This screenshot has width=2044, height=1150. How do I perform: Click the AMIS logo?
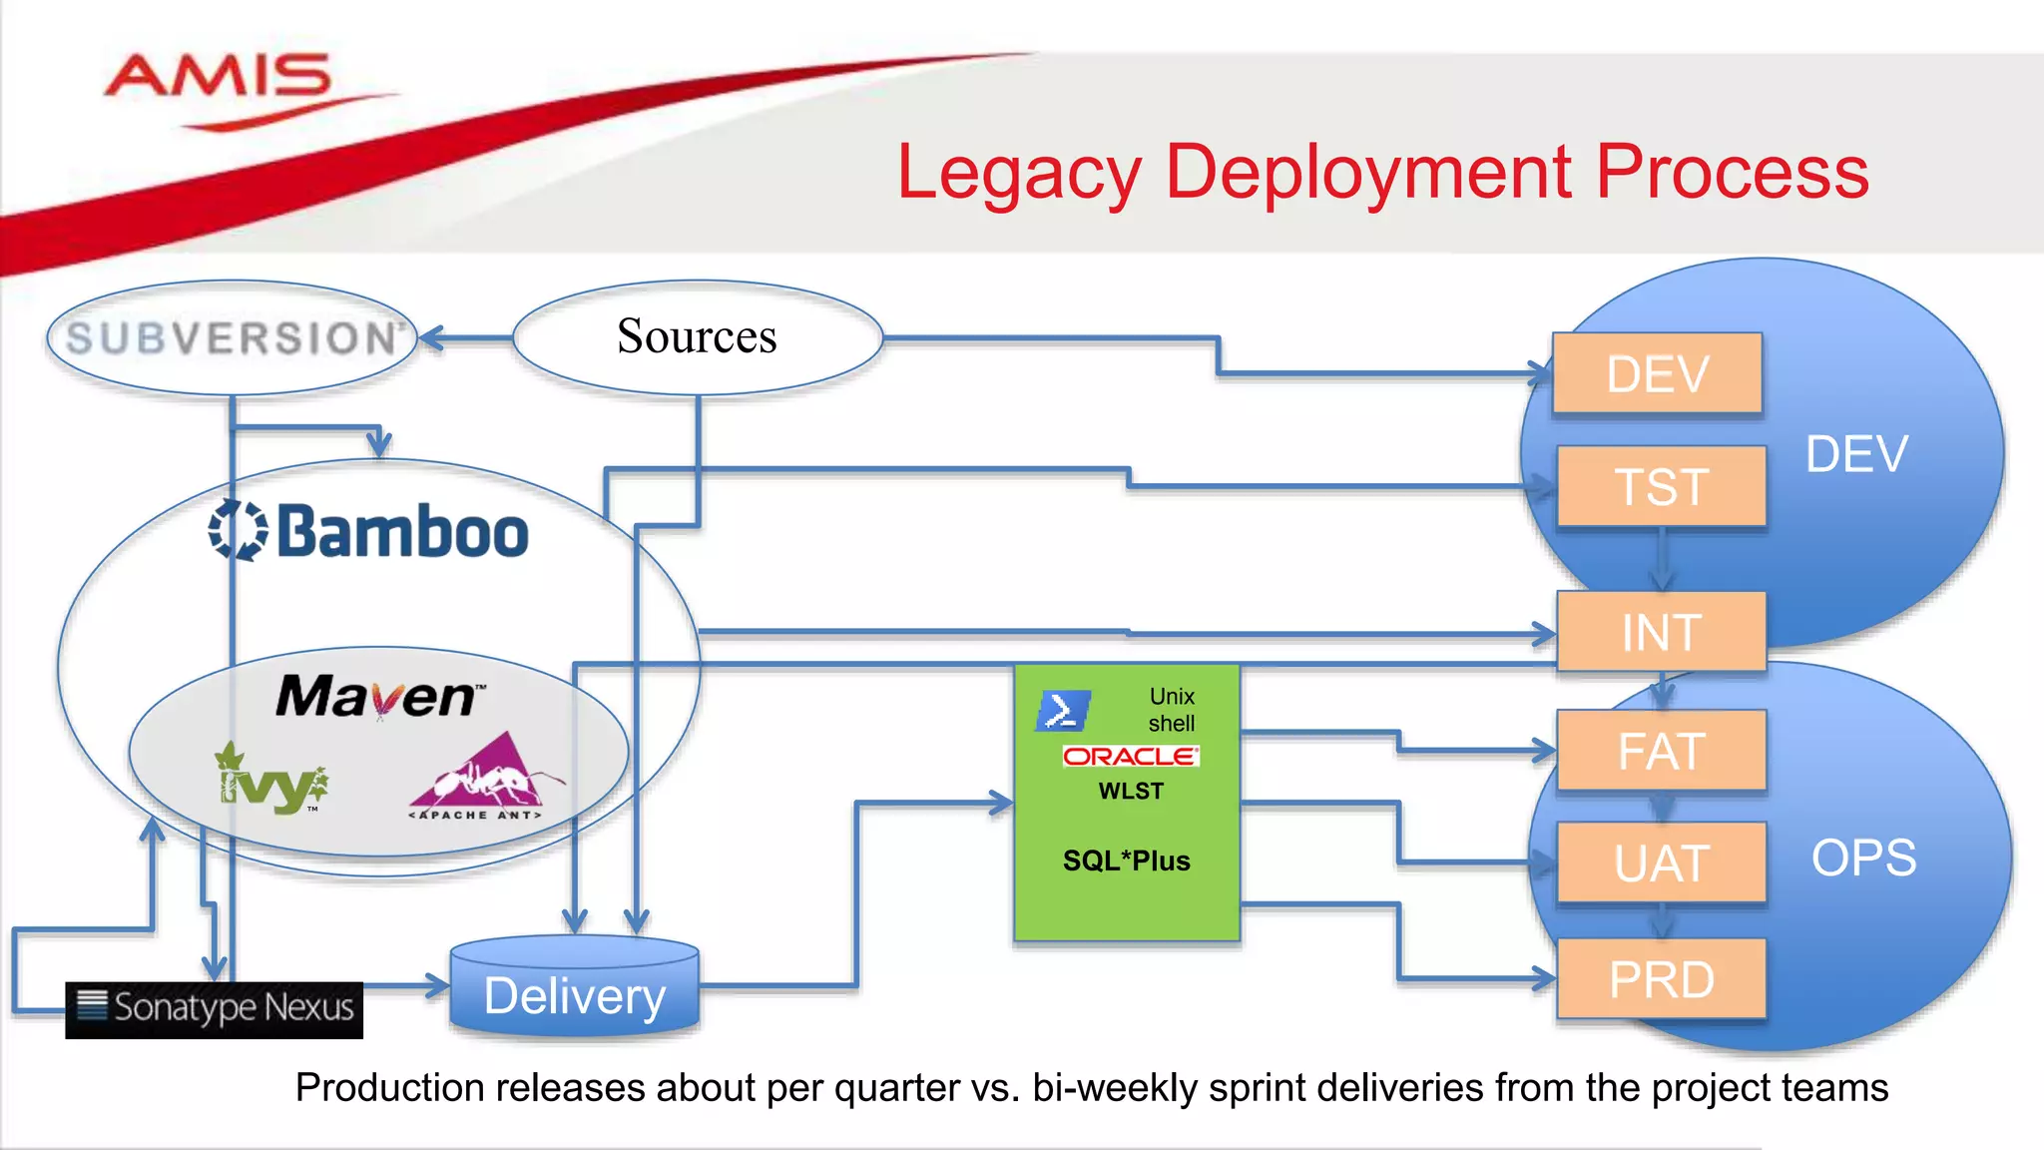pyautogui.click(x=218, y=78)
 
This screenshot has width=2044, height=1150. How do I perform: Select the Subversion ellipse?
pyautogui.click(x=232, y=338)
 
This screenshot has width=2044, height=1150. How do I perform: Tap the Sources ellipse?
pyautogui.click(x=697, y=336)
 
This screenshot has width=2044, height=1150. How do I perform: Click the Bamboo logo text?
pyautogui.click(x=401, y=532)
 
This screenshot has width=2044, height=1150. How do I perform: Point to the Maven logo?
pyautogui.click(x=378, y=696)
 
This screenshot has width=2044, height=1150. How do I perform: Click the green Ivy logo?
pyautogui.click(x=270, y=780)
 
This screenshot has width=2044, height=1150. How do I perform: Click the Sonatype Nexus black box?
pyautogui.click(x=215, y=1009)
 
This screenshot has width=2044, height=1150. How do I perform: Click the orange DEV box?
pyautogui.click(x=1657, y=374)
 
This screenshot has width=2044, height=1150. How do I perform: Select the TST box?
pyautogui.click(x=1661, y=487)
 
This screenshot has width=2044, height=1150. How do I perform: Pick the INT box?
pyautogui.click(x=1661, y=632)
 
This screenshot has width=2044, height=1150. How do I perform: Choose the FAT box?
pyautogui.click(x=1661, y=751)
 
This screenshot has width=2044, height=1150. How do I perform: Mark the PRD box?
pyautogui.click(x=1661, y=979)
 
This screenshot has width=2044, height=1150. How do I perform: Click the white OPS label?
pyautogui.click(x=1863, y=858)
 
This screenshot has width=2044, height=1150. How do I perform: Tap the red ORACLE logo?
pyautogui.click(x=1130, y=756)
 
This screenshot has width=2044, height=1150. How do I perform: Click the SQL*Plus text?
pyautogui.click(x=1126, y=861)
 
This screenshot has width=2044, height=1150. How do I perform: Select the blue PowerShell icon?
pyautogui.click(x=1062, y=711)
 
